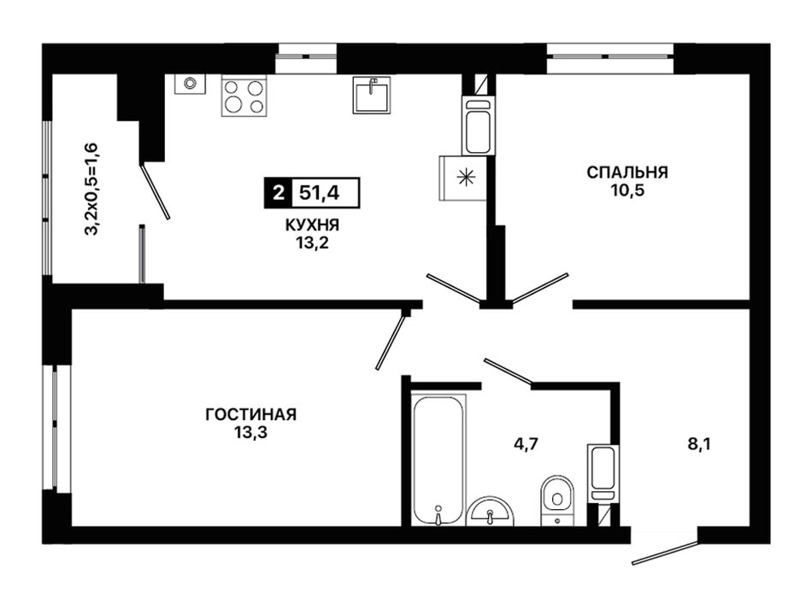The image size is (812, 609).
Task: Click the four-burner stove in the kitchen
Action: (x=244, y=96)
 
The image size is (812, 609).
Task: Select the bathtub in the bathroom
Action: (x=438, y=460)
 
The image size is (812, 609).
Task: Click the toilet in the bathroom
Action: (x=557, y=501)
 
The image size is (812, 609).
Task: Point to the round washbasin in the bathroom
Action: (x=490, y=512)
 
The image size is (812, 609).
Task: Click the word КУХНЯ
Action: (x=312, y=225)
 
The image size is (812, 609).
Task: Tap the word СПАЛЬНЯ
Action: (x=627, y=172)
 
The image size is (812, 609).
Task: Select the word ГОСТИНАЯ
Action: (x=251, y=414)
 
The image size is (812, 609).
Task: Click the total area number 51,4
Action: (x=320, y=193)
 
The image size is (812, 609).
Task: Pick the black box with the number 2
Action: (x=279, y=193)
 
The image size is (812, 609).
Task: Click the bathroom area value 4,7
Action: (x=527, y=443)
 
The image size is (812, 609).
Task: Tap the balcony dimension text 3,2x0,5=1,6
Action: (x=91, y=189)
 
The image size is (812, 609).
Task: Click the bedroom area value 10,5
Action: (x=627, y=190)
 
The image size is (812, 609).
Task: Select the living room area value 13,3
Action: (x=250, y=432)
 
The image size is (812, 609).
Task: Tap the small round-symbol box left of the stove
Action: (x=190, y=84)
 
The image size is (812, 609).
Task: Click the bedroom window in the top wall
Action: (x=610, y=58)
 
